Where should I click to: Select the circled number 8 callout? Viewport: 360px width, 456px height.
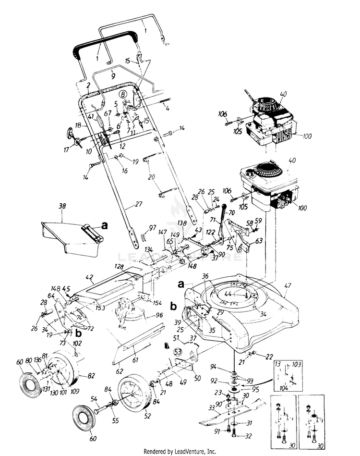coord(123,95)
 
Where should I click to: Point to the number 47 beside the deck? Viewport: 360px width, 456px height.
coord(288,285)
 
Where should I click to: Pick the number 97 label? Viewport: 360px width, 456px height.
coord(152,227)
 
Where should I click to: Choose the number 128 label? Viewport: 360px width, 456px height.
coord(119,266)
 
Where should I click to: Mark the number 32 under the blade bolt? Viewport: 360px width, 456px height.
coord(248,436)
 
